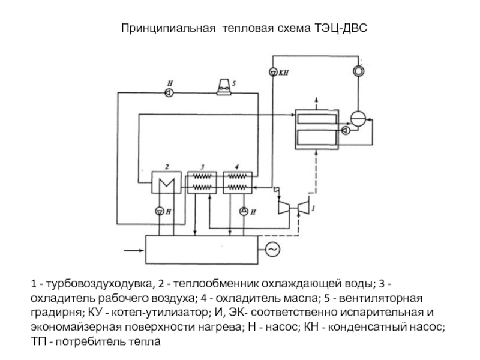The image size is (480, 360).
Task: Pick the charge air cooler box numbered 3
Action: tap(203, 182)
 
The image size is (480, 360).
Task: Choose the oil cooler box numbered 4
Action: tap(238, 182)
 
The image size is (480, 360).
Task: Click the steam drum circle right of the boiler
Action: tap(359, 118)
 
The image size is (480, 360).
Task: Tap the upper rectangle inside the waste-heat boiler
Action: tap(317, 119)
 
